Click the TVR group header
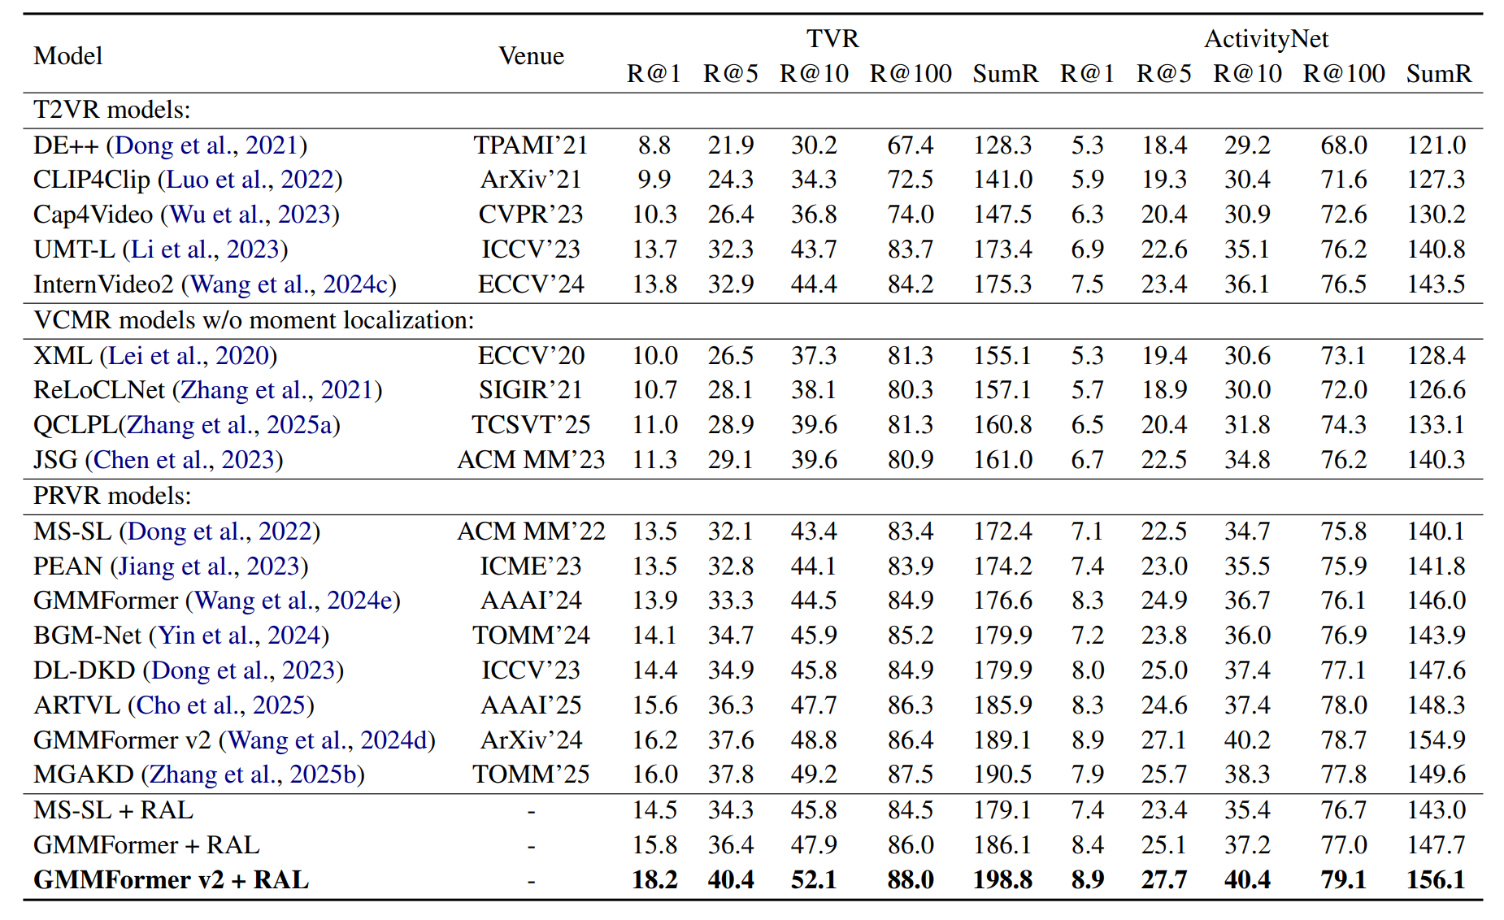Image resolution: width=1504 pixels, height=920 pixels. pos(832,38)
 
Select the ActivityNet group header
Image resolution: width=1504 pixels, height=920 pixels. pos(1266,39)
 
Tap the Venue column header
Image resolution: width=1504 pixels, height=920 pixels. pos(531,56)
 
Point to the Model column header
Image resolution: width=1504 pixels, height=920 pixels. pos(68,56)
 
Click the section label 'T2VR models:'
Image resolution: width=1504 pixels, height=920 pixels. pos(112,110)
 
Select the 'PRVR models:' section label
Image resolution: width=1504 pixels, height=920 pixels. pos(112,495)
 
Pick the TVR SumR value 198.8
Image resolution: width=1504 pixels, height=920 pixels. pos(1002,880)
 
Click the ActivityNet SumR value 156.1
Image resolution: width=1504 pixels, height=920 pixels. pos(1436,880)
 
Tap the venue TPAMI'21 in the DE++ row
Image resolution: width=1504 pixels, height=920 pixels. pos(531,145)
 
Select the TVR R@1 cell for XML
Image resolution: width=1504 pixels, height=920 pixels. pos(654,355)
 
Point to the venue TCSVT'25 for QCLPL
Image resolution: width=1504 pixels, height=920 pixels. pos(531,425)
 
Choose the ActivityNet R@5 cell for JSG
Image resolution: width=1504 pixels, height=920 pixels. pos(1163,460)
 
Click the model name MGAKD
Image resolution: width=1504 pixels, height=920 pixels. pos(84,775)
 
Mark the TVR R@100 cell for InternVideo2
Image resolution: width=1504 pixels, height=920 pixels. pos(911,284)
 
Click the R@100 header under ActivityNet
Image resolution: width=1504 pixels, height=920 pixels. pos(1344,74)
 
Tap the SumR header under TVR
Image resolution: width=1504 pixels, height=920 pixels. pos(1006,74)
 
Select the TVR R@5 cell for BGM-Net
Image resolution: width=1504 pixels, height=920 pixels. pos(730,635)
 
